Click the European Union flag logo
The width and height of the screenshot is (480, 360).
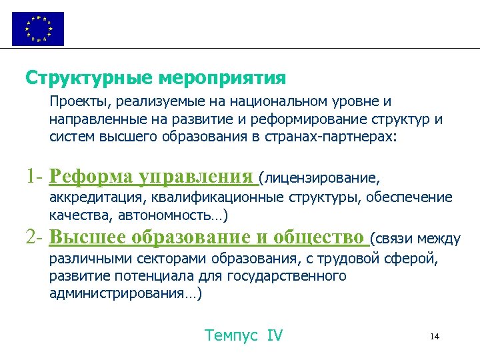point(38,29)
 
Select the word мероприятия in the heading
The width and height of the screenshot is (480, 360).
point(223,79)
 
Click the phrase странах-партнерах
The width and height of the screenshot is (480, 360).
point(339,137)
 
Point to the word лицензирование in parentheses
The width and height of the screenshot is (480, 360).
point(322,179)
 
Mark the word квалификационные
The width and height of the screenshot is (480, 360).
point(217,197)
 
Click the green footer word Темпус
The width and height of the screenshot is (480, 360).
point(231,335)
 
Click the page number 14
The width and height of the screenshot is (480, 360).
point(435,336)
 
